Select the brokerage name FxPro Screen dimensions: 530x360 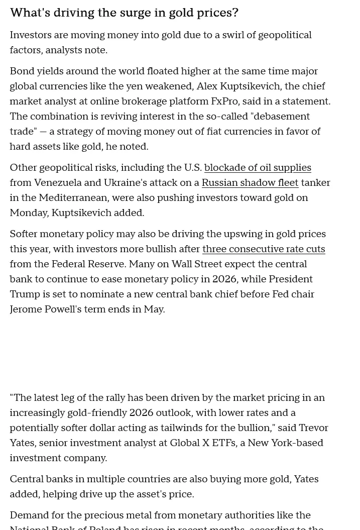(x=224, y=101)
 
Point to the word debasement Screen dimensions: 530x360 (x=280, y=117)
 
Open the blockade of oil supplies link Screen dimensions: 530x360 (x=258, y=168)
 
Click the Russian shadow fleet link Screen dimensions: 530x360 (x=250, y=183)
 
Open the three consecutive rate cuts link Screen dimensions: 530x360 (x=263, y=249)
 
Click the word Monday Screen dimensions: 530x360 (x=28, y=213)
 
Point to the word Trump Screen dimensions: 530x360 (x=25, y=294)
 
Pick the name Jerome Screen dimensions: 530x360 (x=26, y=309)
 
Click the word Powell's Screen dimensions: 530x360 (x=63, y=309)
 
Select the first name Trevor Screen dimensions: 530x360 (x=313, y=428)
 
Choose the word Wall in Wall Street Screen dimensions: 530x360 (x=183, y=264)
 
